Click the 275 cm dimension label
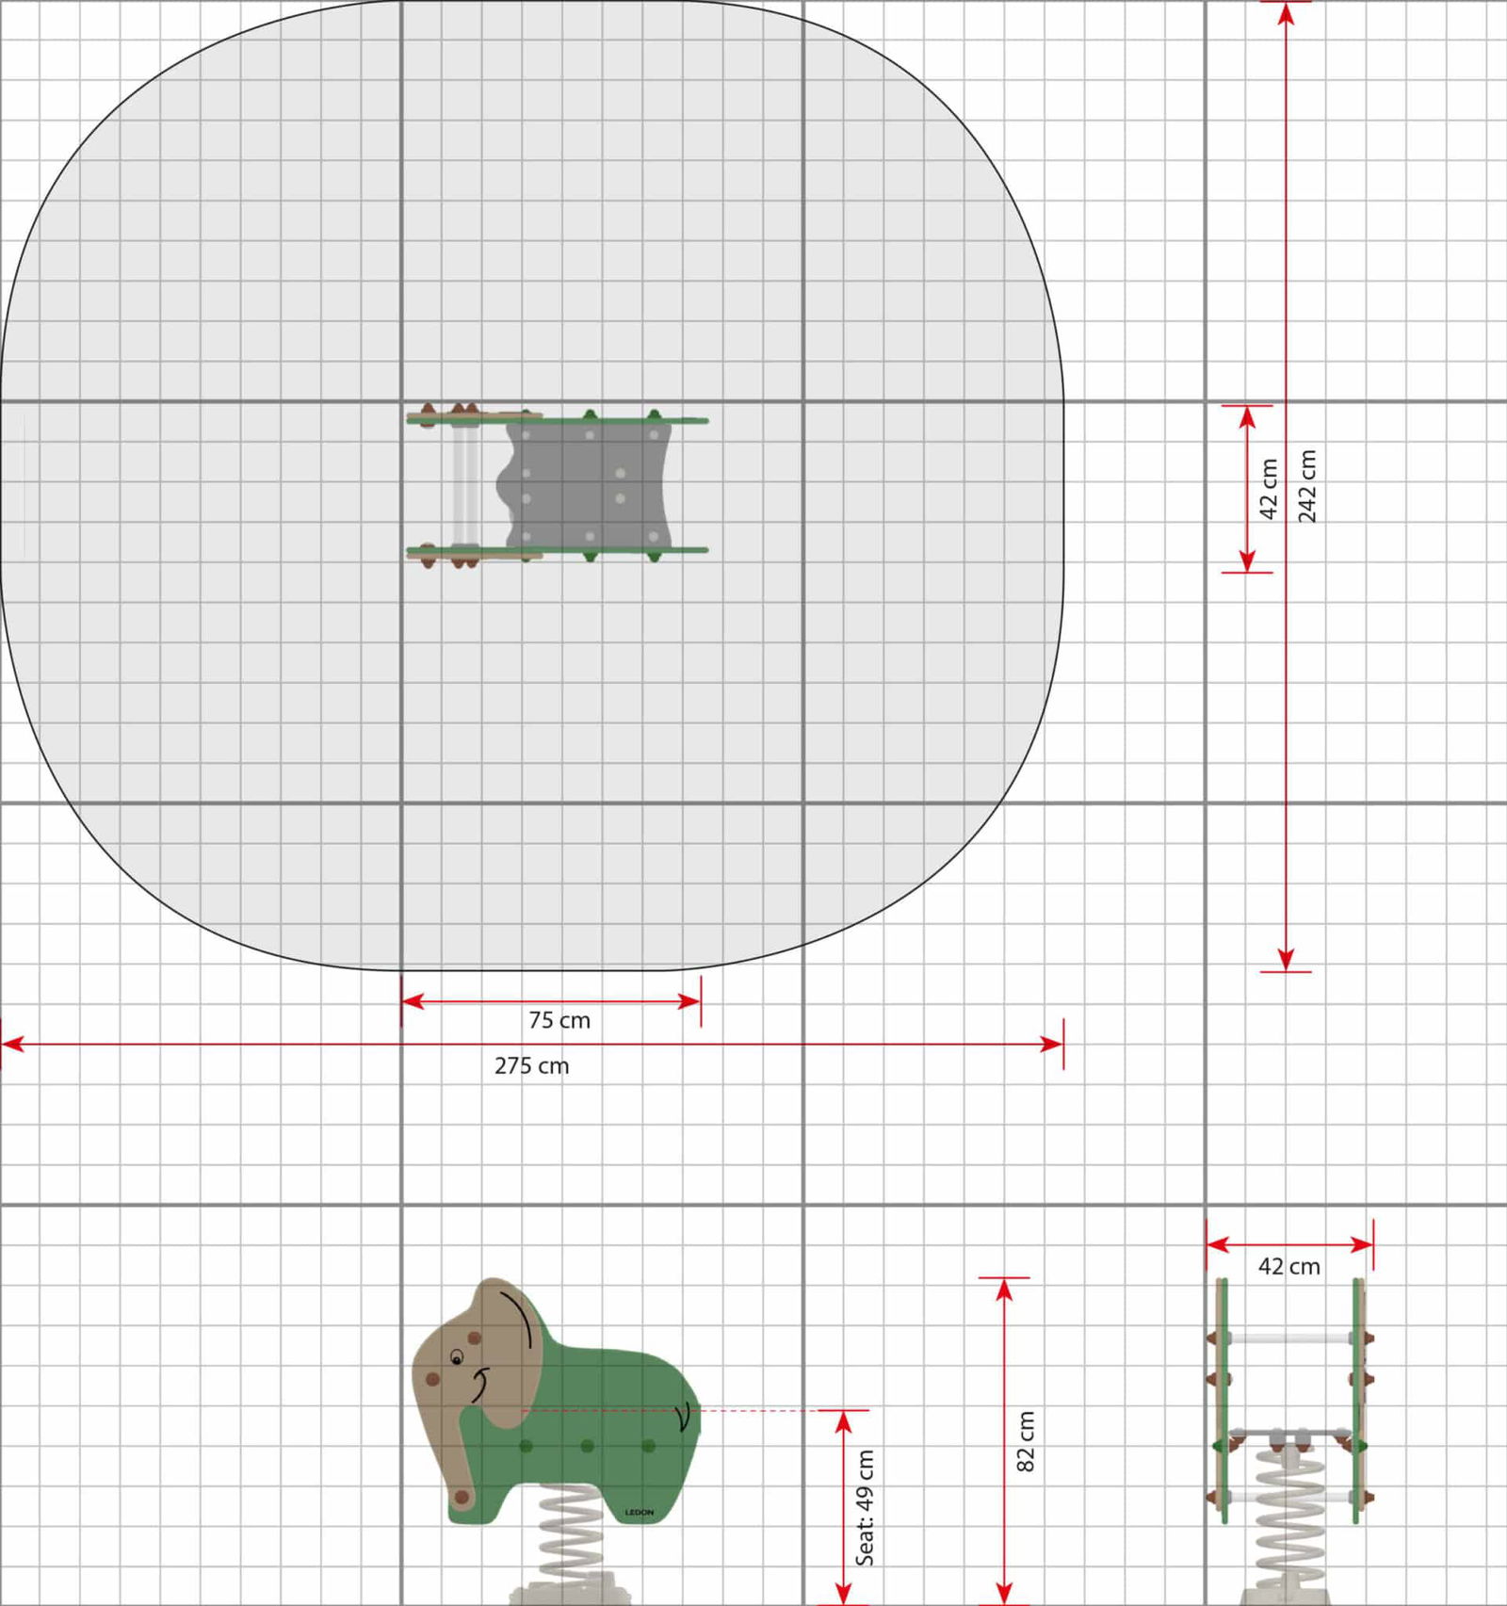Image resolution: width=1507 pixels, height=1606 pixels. [531, 1065]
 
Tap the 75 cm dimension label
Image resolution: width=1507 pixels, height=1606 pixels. [559, 1020]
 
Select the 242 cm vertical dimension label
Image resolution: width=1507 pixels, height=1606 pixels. [1308, 486]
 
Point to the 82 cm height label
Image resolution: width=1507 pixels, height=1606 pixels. [1026, 1441]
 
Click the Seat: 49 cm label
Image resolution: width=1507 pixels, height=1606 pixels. [865, 1507]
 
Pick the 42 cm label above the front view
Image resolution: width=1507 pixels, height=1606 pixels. [1289, 1267]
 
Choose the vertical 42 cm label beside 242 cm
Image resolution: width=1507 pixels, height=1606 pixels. [1269, 489]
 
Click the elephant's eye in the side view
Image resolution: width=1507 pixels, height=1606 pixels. [457, 1357]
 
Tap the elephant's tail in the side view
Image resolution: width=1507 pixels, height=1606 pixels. [685, 1416]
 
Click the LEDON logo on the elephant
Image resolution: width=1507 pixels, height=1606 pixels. [639, 1513]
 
